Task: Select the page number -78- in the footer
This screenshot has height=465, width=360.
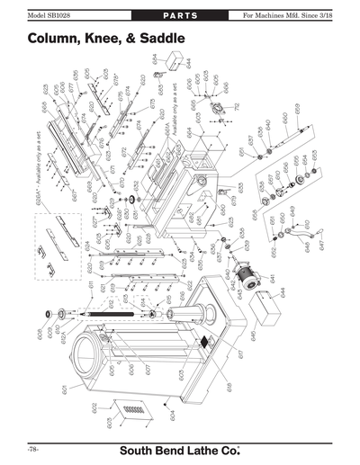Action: pos(32,448)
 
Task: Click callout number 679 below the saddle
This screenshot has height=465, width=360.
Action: pos(233,199)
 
